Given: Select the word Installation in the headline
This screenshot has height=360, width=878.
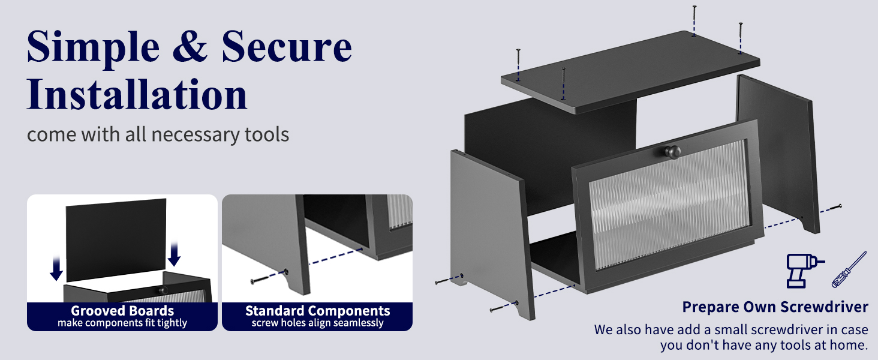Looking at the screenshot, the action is [137, 94].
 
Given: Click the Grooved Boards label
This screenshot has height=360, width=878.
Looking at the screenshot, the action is [122, 311].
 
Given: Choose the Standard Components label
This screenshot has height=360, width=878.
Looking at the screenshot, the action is [317, 311].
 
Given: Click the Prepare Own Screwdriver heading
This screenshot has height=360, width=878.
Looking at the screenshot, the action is [775, 307].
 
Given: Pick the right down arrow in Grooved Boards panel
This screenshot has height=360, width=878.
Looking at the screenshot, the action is [174, 253].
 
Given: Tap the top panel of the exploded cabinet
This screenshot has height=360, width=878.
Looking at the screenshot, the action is [630, 72].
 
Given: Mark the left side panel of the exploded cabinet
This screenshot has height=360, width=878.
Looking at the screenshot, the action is [492, 228].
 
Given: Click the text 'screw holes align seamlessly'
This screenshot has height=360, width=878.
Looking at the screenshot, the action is [317, 323].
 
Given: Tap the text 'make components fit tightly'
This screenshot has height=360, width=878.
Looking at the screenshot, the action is [122, 323].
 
